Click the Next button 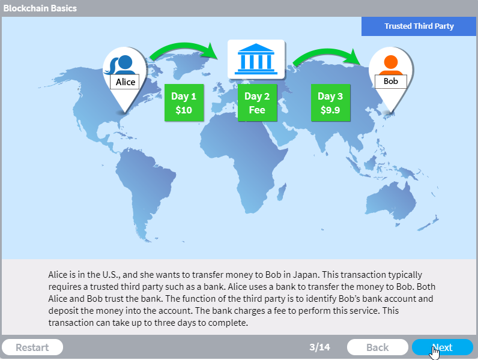443,347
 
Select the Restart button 32,347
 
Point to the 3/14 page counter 319,347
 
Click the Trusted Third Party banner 419,26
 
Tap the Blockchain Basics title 40,8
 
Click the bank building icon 256,59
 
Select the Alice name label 125,82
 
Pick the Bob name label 390,82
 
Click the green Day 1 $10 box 184,103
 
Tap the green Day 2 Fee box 257,103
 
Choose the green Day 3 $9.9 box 330,103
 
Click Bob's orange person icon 391,65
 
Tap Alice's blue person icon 121,65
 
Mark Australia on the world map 391,201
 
